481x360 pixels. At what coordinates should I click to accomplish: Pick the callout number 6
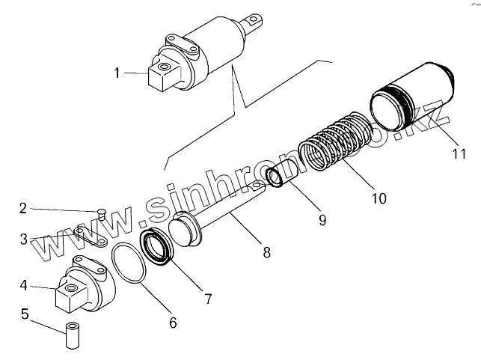(x=173, y=323)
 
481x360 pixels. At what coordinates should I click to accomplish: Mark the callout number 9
(x=322, y=220)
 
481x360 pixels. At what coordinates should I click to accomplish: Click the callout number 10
(x=379, y=198)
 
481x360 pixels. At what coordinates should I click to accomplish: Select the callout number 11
(x=459, y=155)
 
